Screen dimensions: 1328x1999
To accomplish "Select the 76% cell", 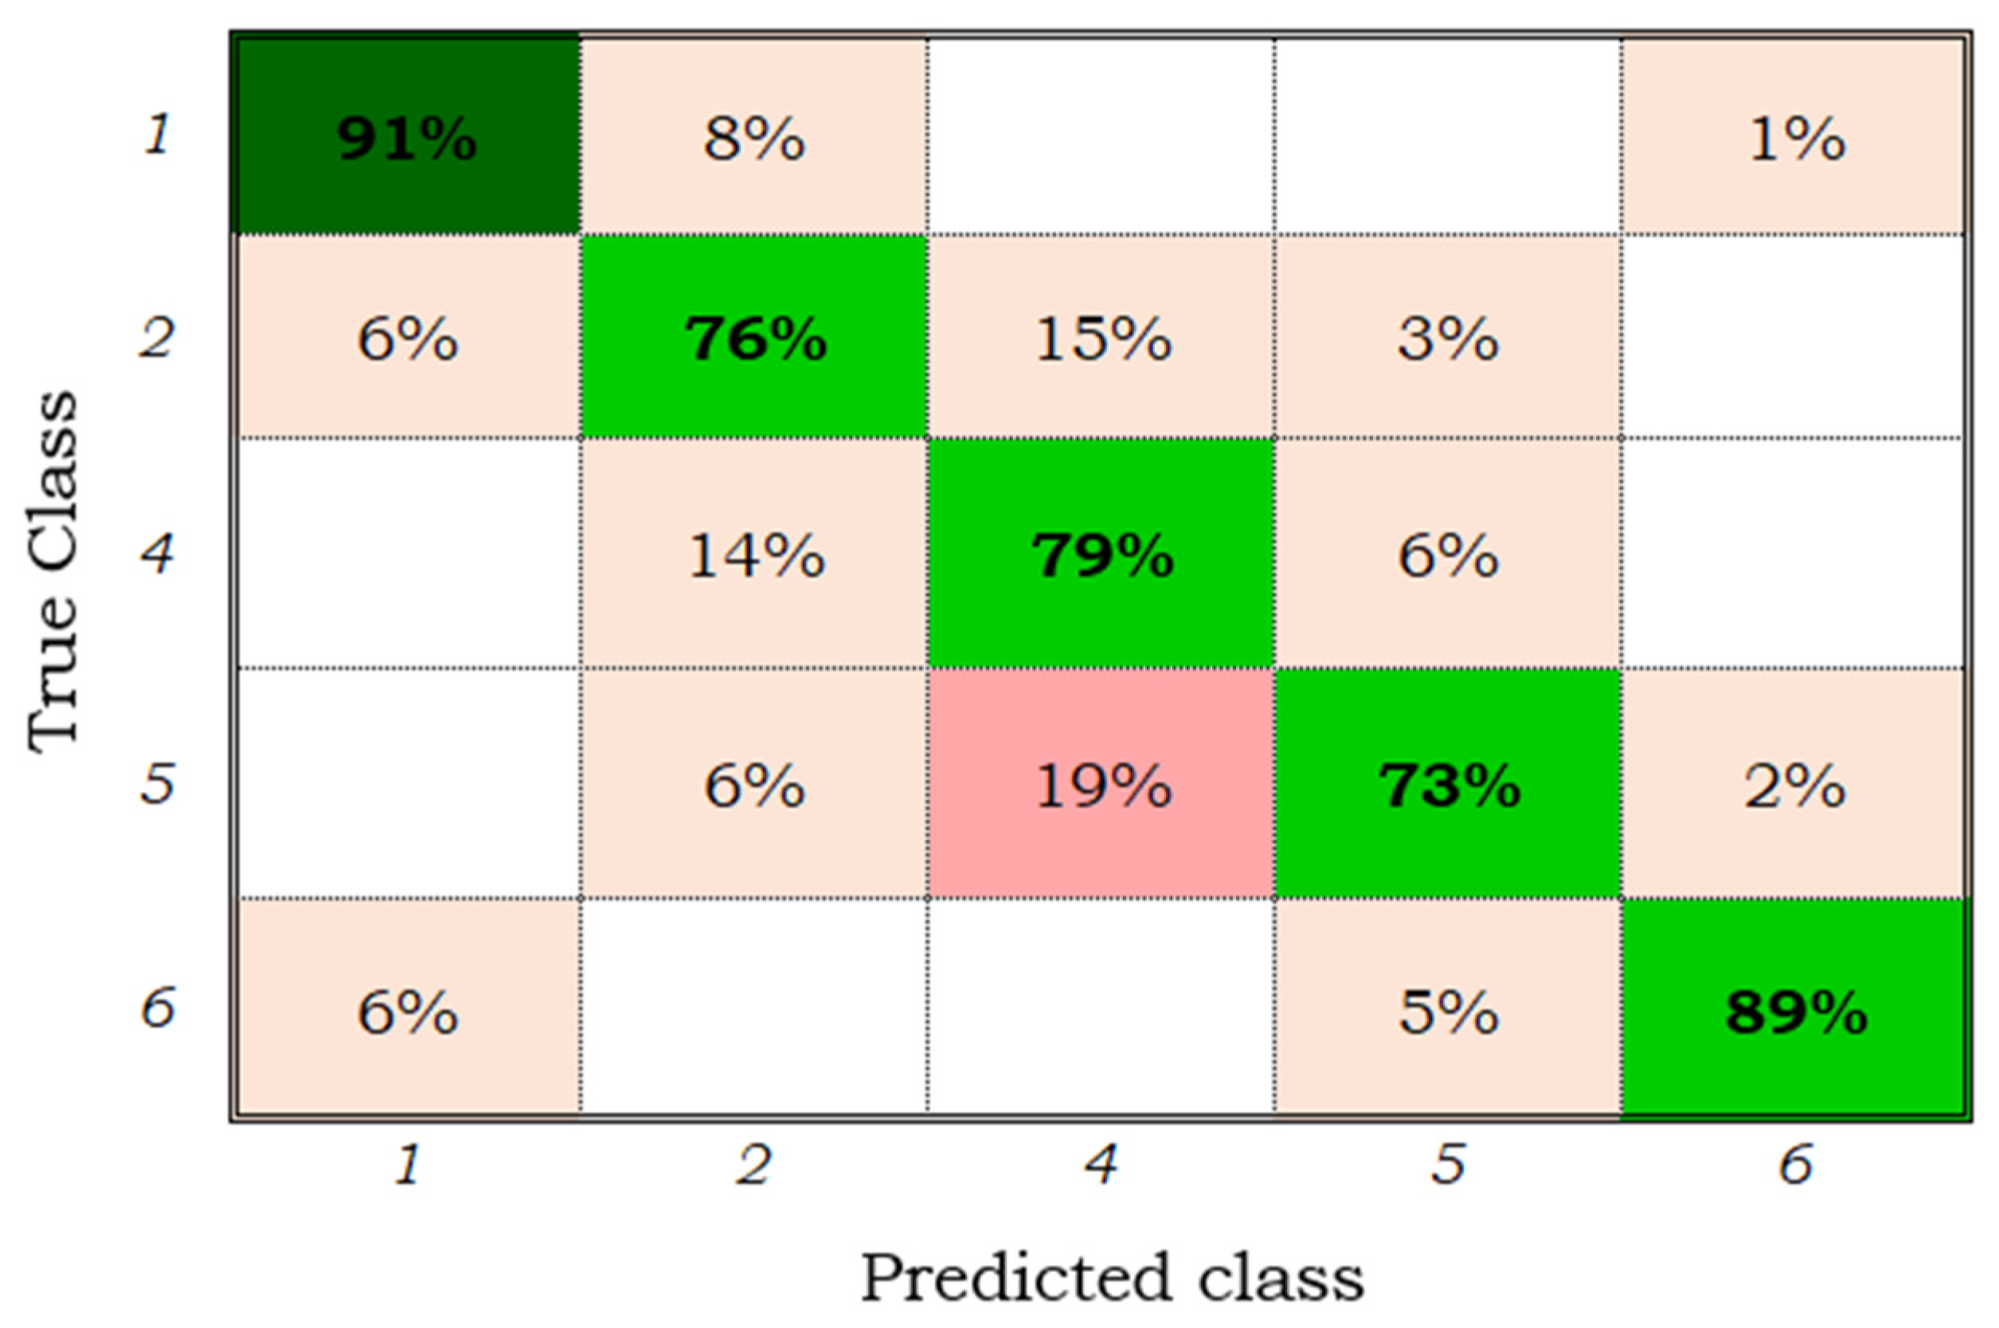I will (x=754, y=338).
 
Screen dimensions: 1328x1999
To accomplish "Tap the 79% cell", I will (x=1101, y=554).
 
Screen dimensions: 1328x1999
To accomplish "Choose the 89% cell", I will (x=1795, y=1011).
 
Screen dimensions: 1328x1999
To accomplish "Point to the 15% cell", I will (x=1101, y=338).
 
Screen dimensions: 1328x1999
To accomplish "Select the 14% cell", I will (x=754, y=554).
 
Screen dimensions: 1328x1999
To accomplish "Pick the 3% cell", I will (x=1449, y=338).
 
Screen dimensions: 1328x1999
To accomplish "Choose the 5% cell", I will (x=1449, y=1011).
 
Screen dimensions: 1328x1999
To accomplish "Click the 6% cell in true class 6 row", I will (x=407, y=1011).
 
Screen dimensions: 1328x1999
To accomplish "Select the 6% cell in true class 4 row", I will (x=1449, y=554).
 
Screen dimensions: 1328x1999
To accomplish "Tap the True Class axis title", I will (x=53, y=569).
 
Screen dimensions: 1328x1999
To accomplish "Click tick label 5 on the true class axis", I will (x=158, y=782).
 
